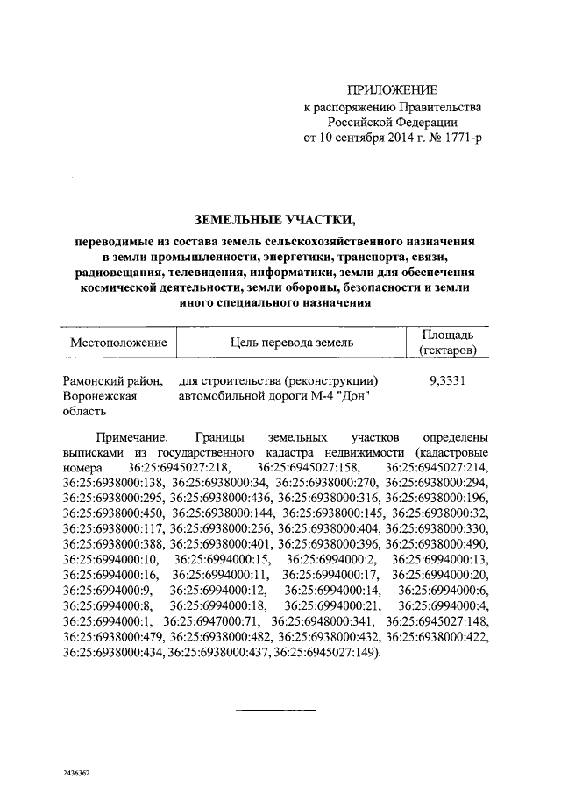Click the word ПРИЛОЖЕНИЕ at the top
click(x=392, y=90)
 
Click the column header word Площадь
click(x=448, y=335)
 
